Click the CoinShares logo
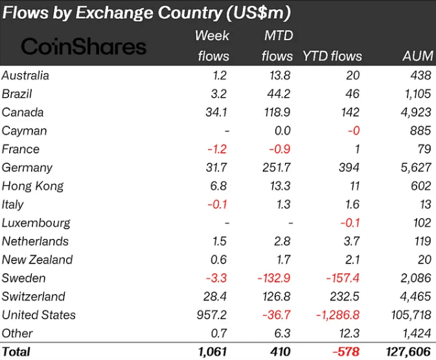pos(84,46)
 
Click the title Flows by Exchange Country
pos(146,12)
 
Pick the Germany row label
pos(27,168)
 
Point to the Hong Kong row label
pos(32,186)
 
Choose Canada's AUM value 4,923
pos(416,113)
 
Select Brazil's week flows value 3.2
pos(221,94)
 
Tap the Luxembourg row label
pos(36,223)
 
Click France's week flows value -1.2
pos(218,149)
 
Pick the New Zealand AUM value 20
pos(424,260)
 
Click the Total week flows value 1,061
pos(212,352)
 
